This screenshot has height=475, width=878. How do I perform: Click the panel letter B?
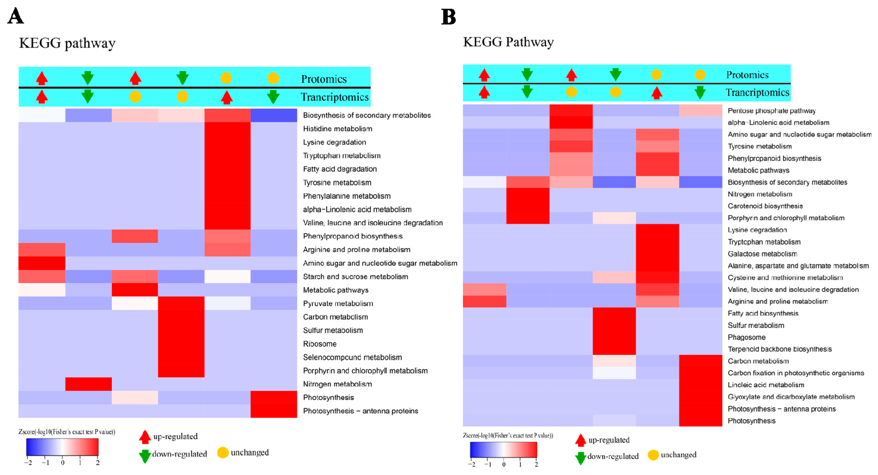[448, 16]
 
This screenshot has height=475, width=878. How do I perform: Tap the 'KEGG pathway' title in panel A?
[67, 43]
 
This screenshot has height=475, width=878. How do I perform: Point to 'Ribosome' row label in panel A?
[320, 344]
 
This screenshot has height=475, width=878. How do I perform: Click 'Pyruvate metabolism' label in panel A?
[338, 304]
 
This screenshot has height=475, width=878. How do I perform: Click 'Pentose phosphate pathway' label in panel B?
[772, 111]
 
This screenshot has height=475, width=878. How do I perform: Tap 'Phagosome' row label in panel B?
[746, 337]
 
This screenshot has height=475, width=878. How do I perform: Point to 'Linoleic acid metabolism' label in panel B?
[766, 385]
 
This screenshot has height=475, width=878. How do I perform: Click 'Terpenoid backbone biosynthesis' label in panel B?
[780, 349]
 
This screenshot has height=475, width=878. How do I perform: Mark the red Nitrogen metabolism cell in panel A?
[88, 384]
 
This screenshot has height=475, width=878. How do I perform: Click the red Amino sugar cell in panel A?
[42, 263]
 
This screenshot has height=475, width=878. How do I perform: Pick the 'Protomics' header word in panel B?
[747, 75]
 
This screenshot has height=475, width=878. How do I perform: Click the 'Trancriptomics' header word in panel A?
[334, 97]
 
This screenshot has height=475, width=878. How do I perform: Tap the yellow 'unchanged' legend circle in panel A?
[223, 453]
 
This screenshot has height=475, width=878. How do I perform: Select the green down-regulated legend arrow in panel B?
[580, 458]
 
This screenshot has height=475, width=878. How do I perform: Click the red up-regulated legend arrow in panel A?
[145, 436]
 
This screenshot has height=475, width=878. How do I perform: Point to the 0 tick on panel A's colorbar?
[62, 462]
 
